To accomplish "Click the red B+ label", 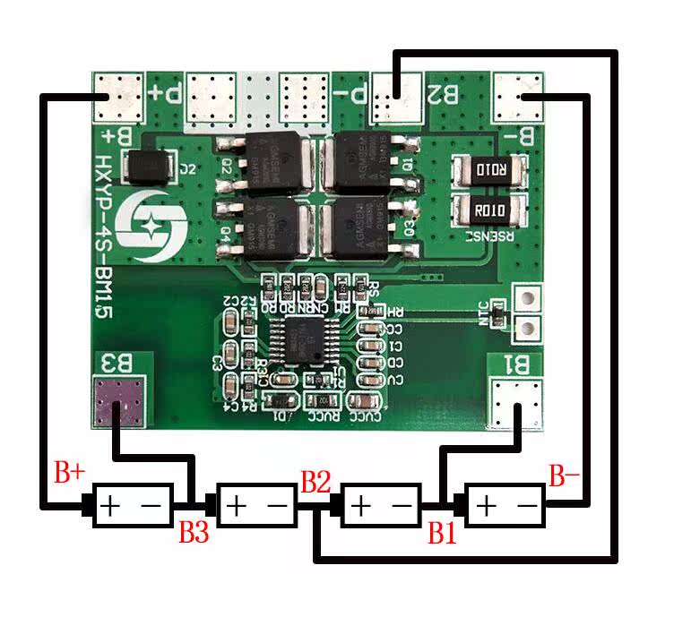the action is click(71, 472).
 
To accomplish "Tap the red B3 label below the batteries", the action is click(194, 533).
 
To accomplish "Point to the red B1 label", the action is click(442, 534).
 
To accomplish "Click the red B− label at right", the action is click(566, 476).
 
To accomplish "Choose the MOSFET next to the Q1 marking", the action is click(370, 161).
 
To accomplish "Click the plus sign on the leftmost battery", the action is click(109, 506).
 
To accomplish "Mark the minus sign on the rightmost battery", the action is click(527, 506).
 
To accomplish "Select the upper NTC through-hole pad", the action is click(527, 299).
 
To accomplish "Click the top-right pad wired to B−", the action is click(519, 95).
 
